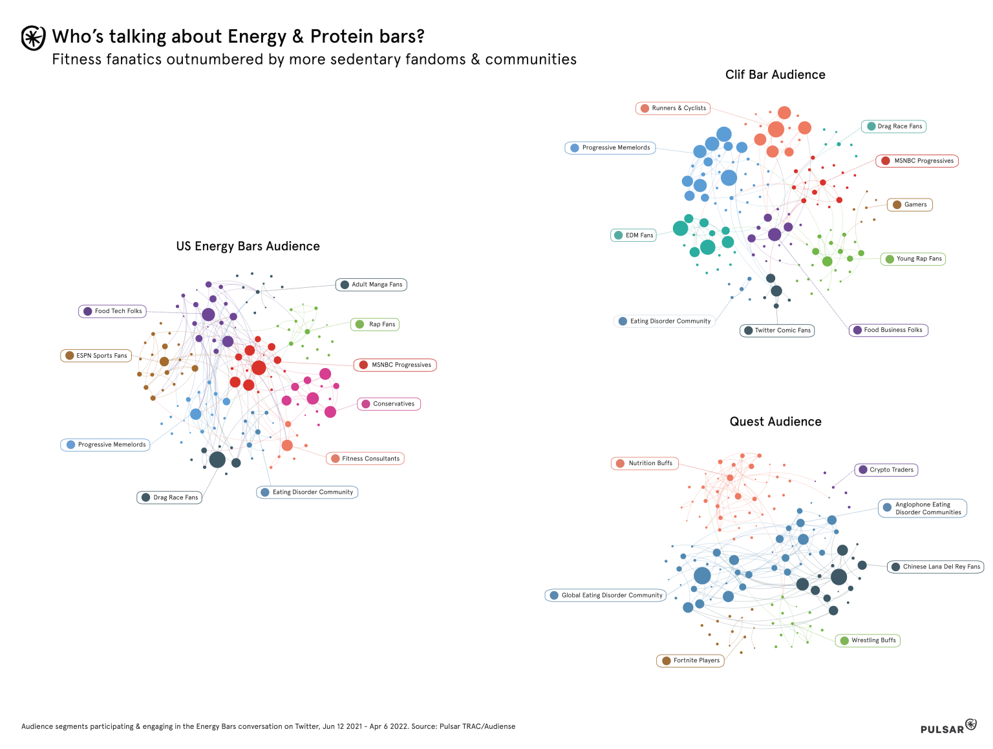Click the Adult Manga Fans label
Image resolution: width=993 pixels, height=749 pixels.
(x=371, y=285)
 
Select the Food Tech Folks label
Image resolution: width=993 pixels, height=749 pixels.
(x=113, y=311)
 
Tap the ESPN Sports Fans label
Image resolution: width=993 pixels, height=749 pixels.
(x=96, y=356)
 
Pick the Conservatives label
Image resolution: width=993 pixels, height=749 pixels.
(x=389, y=404)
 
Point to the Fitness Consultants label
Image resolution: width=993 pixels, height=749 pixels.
(x=365, y=459)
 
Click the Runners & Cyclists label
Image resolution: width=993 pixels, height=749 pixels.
(x=673, y=108)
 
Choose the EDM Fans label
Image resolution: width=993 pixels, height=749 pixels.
(x=634, y=235)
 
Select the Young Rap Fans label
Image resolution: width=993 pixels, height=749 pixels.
(x=913, y=259)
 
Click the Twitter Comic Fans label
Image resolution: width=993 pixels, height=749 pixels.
(x=777, y=331)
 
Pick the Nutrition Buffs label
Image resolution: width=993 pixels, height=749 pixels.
(x=645, y=463)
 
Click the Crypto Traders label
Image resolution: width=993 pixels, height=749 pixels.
(x=886, y=470)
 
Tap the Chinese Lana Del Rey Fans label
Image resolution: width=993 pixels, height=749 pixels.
(x=935, y=567)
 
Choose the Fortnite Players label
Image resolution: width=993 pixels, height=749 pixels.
(x=690, y=660)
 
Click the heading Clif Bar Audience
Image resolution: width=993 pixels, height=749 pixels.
(x=775, y=74)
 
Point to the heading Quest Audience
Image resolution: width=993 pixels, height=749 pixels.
(x=775, y=422)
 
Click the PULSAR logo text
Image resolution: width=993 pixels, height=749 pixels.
(x=942, y=730)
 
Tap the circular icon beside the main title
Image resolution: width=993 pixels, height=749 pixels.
(x=34, y=38)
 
